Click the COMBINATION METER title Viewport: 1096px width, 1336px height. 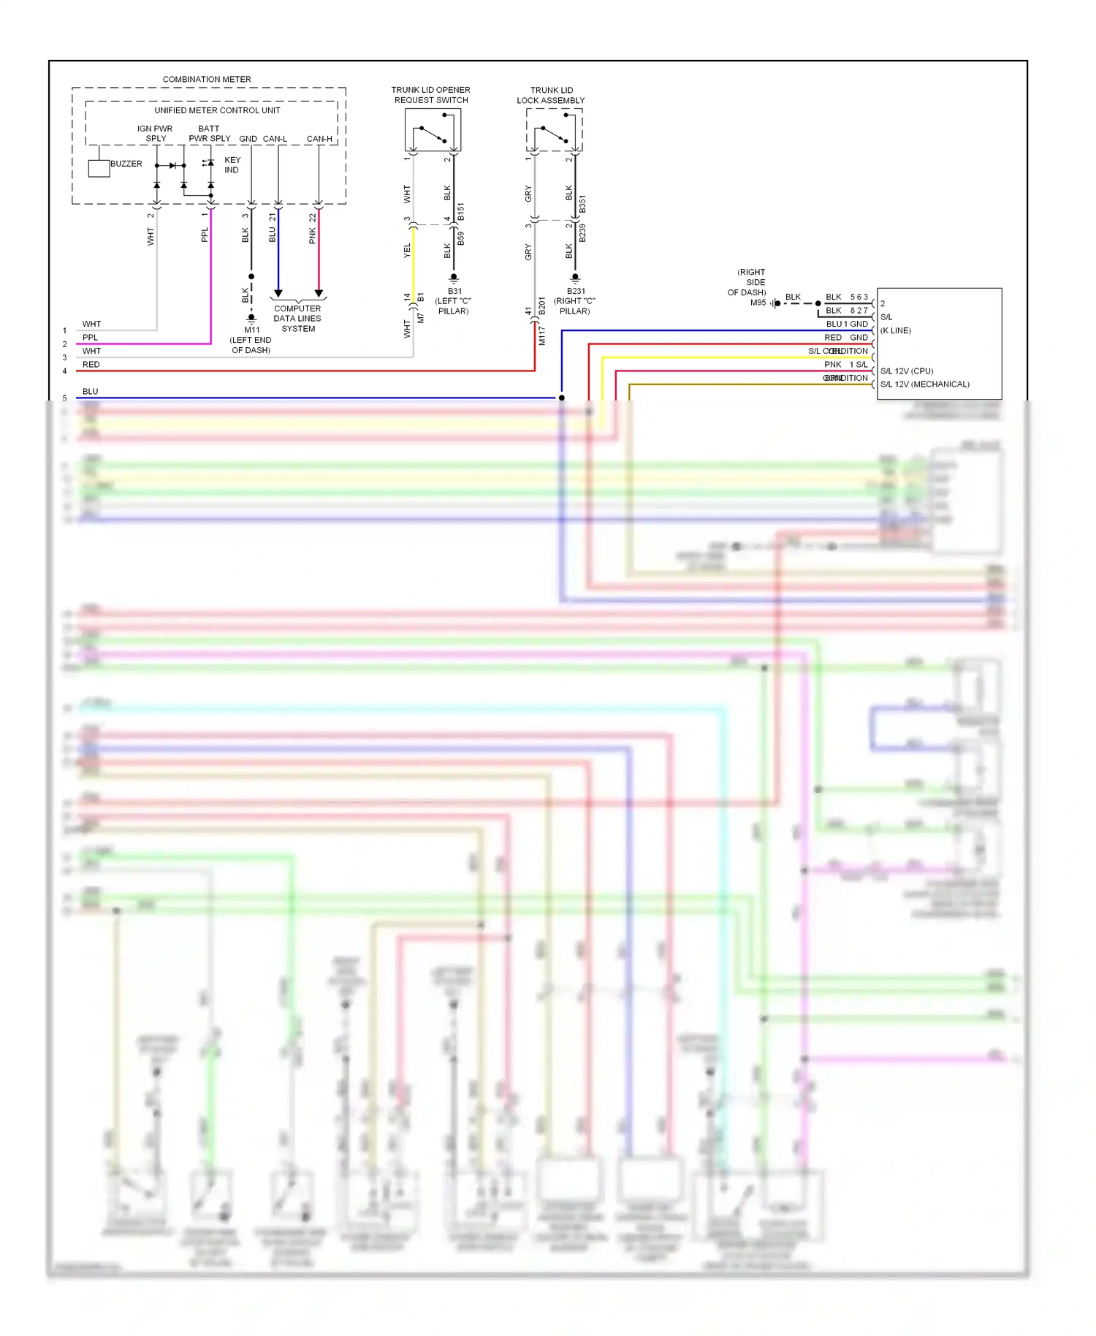tap(207, 79)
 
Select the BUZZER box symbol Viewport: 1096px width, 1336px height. tap(99, 168)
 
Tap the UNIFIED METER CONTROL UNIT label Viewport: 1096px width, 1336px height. tap(217, 110)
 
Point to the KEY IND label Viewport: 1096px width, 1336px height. tap(232, 164)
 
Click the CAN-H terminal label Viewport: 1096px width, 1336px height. tap(319, 139)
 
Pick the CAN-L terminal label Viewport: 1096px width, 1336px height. tap(275, 139)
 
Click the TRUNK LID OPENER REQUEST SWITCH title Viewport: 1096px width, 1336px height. tap(431, 95)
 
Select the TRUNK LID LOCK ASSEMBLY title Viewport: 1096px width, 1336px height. tap(551, 96)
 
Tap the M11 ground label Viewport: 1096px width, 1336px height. tap(251, 340)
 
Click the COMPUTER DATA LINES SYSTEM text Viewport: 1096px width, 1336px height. tap(297, 319)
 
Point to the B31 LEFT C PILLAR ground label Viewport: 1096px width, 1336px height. tap(454, 301)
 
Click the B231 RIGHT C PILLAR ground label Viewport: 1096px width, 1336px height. tap(575, 301)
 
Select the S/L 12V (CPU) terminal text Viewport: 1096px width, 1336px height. tap(907, 371)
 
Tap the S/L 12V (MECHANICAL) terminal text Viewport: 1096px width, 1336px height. tap(925, 384)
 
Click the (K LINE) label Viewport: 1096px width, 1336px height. tap(896, 330)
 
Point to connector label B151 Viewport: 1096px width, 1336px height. tap(461, 212)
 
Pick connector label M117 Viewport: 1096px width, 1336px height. tap(542, 336)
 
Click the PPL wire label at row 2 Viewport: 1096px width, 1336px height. tap(90, 338)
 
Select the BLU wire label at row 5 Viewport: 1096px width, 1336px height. tap(90, 392)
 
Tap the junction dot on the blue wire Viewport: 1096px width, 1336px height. tap(562, 398)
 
